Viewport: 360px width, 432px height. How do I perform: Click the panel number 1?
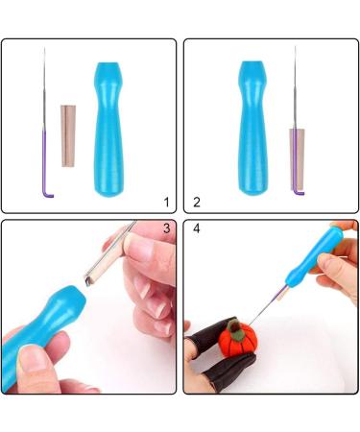(x=166, y=202)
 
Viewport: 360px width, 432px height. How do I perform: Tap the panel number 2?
(x=197, y=202)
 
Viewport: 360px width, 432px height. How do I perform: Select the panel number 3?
(x=166, y=228)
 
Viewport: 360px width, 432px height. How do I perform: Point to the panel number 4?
(x=197, y=228)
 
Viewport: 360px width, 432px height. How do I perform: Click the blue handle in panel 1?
(x=108, y=130)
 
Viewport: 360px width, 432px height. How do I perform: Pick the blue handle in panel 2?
(x=252, y=128)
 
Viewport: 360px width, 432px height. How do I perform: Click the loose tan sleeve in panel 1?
(x=68, y=135)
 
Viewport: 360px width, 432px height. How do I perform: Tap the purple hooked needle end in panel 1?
(x=46, y=163)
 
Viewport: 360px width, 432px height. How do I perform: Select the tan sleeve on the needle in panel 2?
(x=297, y=159)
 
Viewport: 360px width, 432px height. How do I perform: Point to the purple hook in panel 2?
(x=299, y=192)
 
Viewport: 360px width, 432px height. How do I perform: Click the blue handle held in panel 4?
(x=313, y=256)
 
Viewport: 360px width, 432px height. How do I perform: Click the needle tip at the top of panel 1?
(x=44, y=48)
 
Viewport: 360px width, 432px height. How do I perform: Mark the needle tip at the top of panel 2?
(x=295, y=47)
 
